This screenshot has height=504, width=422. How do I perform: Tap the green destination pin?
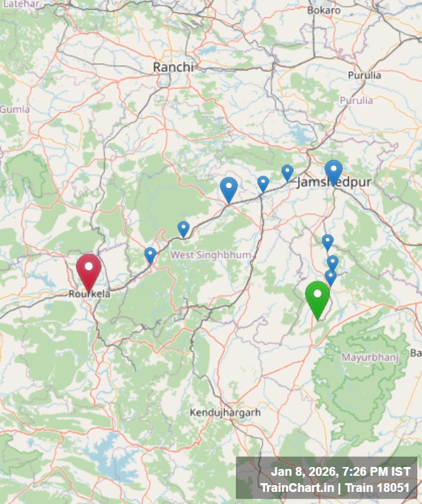click(317, 298)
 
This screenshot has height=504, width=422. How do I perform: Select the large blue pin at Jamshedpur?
click(333, 171)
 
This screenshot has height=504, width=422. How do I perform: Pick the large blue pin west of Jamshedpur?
click(228, 189)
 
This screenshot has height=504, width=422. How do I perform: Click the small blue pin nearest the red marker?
click(150, 255)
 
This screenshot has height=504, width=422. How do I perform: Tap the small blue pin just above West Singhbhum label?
click(183, 228)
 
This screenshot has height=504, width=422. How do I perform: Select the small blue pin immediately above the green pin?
click(330, 276)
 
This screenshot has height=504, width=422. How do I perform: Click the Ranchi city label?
click(173, 67)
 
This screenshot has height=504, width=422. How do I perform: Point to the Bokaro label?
click(324, 10)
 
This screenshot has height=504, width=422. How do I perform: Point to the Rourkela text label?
click(89, 294)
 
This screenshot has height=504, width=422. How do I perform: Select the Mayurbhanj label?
click(370, 358)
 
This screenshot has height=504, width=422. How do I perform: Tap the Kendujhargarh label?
click(224, 412)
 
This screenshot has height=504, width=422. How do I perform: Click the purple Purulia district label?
click(356, 101)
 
